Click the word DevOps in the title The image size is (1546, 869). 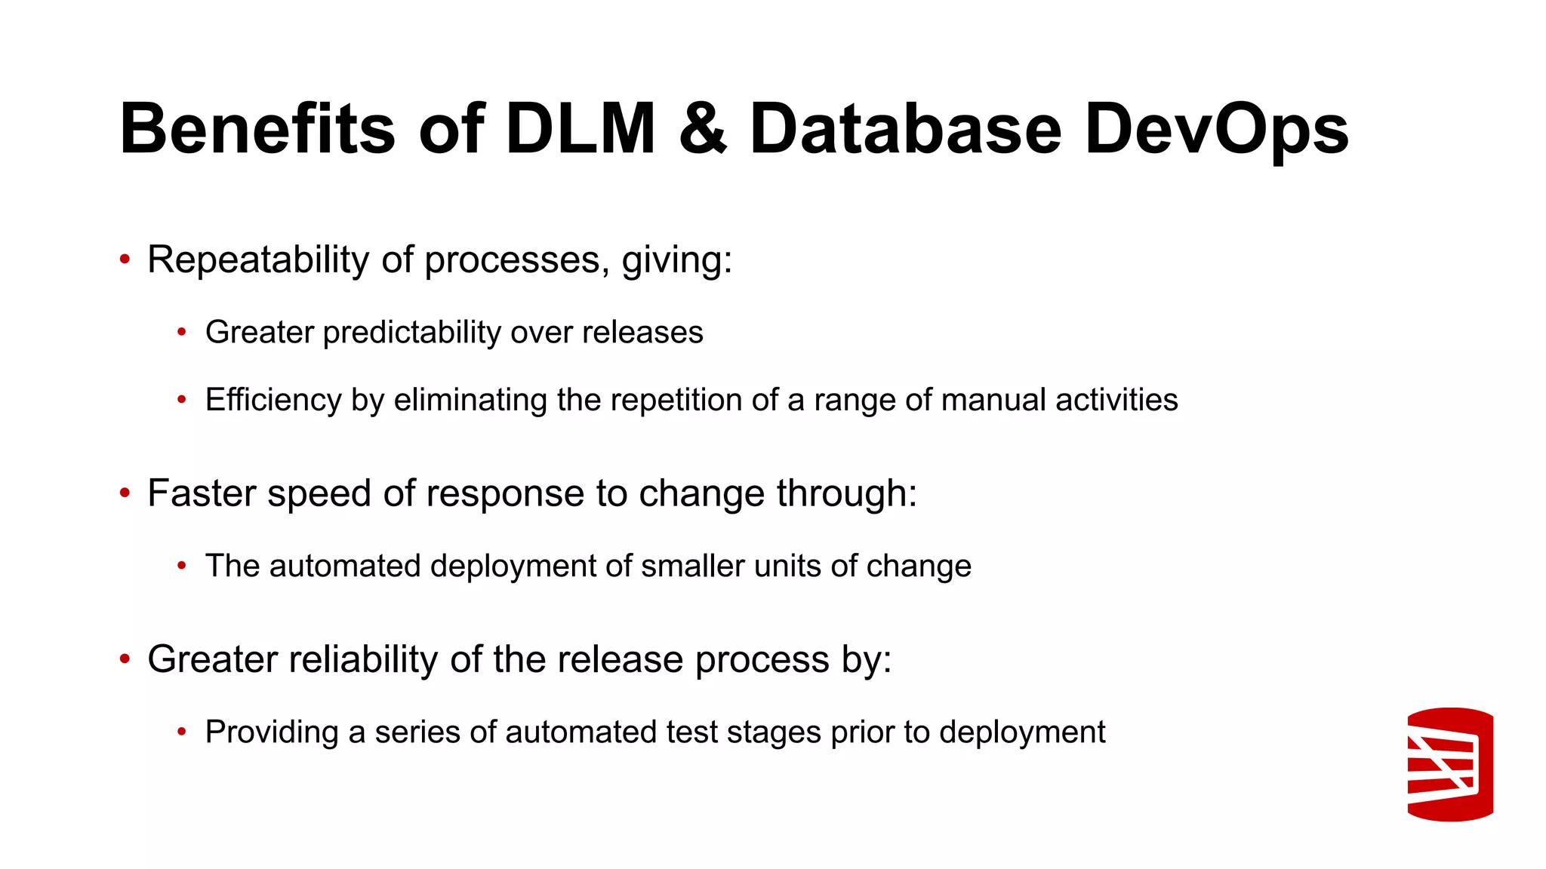point(1216,130)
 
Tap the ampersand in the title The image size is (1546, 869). point(702,130)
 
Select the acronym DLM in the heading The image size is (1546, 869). point(581,130)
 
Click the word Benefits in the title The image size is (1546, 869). point(257,130)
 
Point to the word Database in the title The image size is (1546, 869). point(905,130)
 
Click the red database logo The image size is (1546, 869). point(1450,764)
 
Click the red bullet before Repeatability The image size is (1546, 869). point(125,260)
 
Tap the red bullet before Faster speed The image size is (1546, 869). point(125,493)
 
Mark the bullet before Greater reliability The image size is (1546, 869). point(125,659)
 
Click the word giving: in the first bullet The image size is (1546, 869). point(677,260)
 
